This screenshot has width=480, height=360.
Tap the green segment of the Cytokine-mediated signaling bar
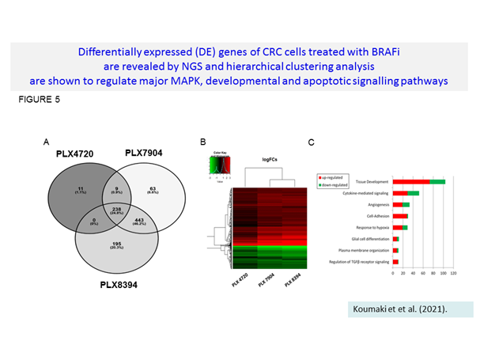coord(413,192)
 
